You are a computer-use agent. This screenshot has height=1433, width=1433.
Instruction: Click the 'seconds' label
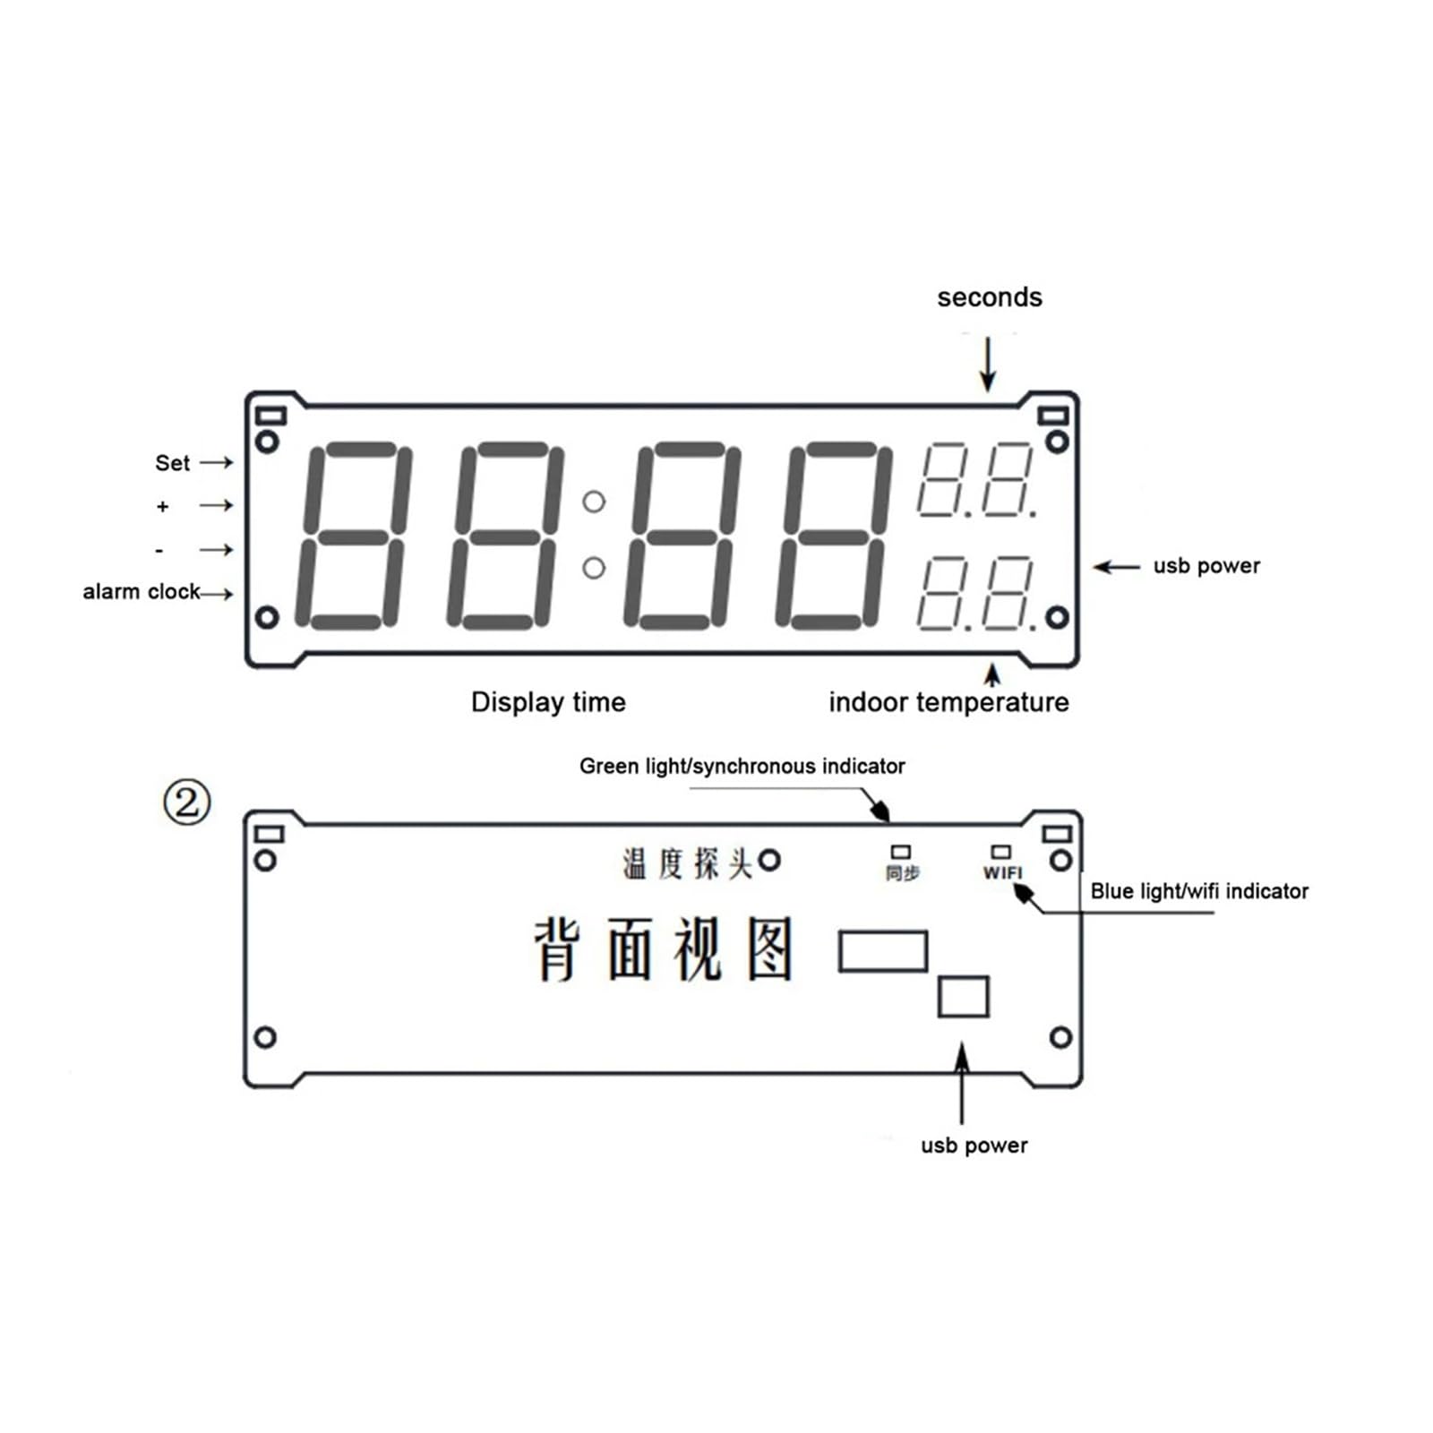989,297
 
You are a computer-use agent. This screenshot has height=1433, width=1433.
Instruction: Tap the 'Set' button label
172,463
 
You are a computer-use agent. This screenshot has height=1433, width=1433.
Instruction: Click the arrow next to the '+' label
216,506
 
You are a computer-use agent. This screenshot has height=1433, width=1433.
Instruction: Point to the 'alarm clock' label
142,592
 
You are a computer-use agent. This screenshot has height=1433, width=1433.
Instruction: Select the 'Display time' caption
548,702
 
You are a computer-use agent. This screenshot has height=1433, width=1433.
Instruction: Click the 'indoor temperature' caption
948,702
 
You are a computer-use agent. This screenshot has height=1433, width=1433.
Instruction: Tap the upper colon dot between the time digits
594,502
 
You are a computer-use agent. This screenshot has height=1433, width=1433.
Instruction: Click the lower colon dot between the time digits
594,568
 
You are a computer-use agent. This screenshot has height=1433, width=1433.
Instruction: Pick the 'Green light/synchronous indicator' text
742,767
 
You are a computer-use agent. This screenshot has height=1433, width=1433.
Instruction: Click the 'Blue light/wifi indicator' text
1199,891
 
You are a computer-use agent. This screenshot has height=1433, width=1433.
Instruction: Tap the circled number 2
187,802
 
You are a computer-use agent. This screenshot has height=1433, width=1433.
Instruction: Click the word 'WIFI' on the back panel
1002,872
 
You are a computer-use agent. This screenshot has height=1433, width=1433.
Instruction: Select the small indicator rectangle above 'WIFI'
1000,852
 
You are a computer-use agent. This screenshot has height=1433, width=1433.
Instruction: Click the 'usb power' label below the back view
974,1146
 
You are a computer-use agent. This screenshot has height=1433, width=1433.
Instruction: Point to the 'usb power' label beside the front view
1206,566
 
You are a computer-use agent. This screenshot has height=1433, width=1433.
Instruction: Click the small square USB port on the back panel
963,996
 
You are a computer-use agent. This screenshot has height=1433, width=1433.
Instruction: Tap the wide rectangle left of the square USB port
882,951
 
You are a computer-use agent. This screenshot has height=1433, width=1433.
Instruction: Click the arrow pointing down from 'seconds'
988,364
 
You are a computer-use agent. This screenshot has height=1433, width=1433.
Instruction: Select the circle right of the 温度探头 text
769,861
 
